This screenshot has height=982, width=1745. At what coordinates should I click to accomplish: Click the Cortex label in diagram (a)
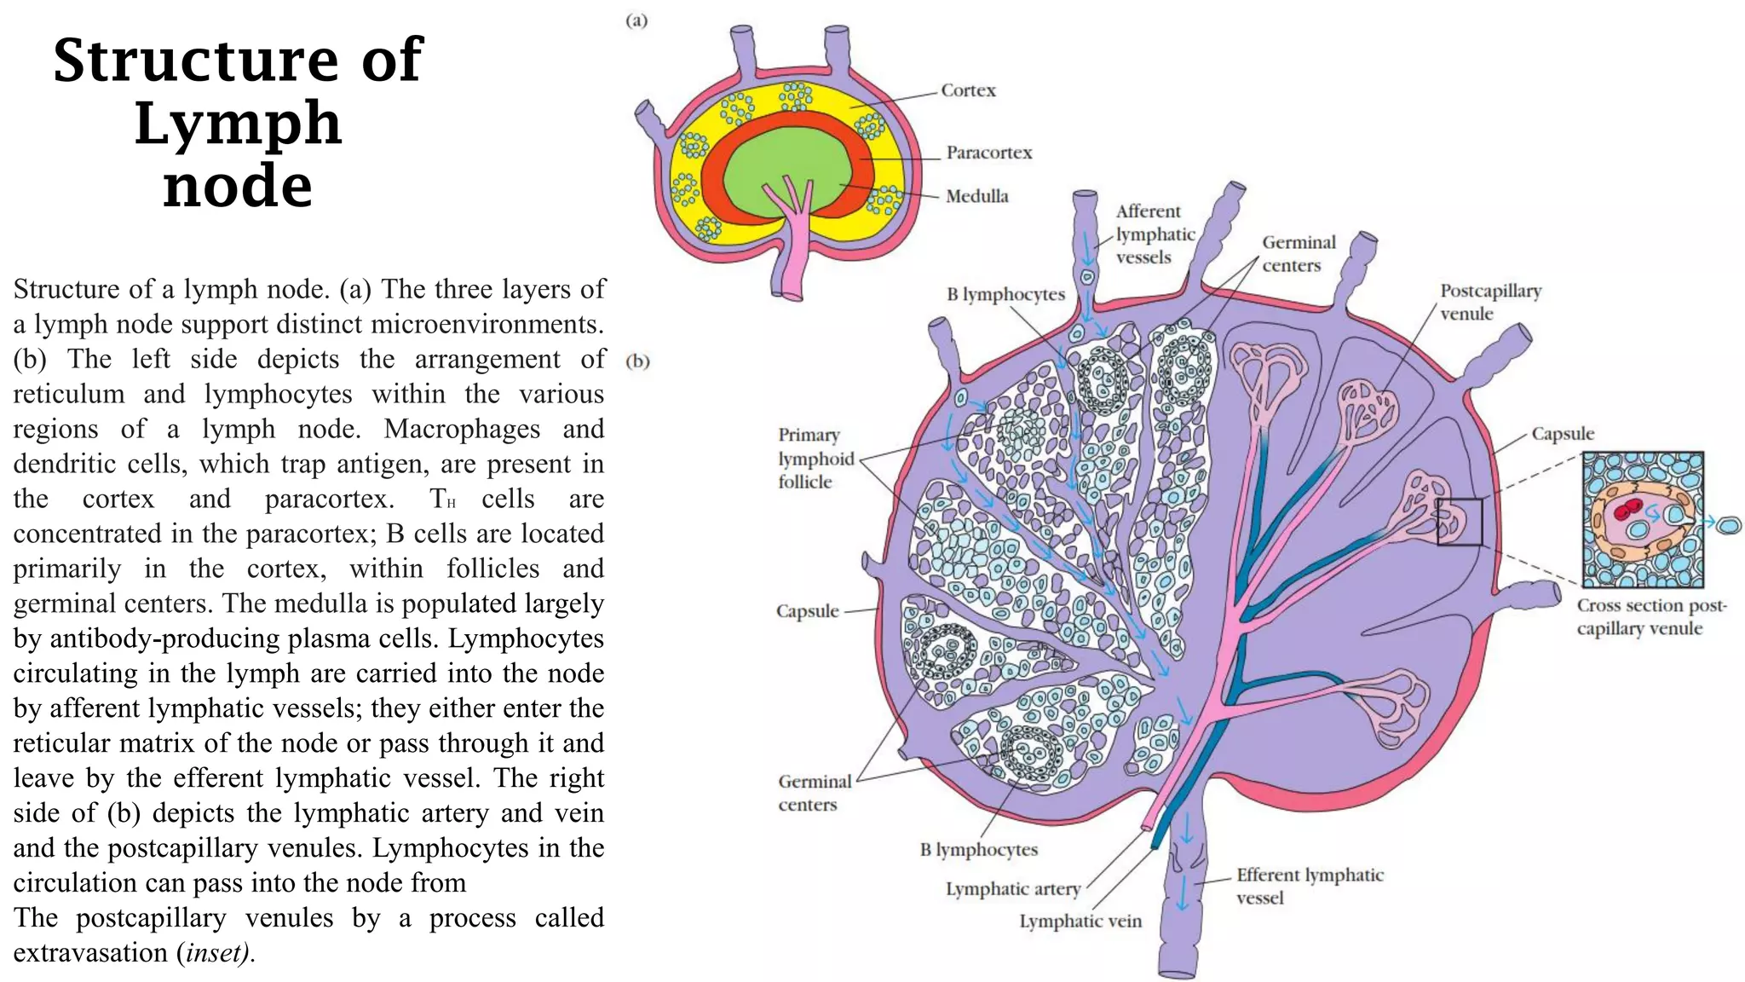pyautogui.click(x=968, y=90)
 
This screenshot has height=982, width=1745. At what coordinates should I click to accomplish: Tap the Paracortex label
pyautogui.click(x=988, y=153)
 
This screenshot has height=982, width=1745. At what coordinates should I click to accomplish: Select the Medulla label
pyautogui.click(x=976, y=196)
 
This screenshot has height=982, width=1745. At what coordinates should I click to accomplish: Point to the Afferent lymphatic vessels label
pyautogui.click(x=1155, y=234)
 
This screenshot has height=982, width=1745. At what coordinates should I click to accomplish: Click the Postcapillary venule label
pyautogui.click(x=1490, y=302)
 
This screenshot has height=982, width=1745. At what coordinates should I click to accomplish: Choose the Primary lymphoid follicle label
pyautogui.click(x=815, y=459)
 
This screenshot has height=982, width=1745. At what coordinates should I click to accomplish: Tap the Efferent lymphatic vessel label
pyautogui.click(x=1310, y=886)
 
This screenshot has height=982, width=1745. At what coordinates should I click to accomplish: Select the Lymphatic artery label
pyautogui.click(x=1012, y=889)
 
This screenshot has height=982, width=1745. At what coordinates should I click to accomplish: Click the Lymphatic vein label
pyautogui.click(x=1080, y=921)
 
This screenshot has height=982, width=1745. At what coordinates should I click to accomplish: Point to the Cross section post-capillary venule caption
pyautogui.click(x=1650, y=617)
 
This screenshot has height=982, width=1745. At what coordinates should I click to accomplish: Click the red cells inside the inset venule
pyautogui.click(x=1627, y=510)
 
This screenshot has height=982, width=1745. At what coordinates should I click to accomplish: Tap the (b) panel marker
pyautogui.click(x=637, y=361)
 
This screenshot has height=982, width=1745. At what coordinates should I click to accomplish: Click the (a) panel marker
pyautogui.click(x=636, y=20)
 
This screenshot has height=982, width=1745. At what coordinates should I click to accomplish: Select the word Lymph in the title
pyautogui.click(x=238, y=123)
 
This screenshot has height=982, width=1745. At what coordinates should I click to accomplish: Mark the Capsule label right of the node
pyautogui.click(x=1563, y=434)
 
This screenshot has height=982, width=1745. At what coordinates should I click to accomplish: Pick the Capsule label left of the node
pyautogui.click(x=807, y=611)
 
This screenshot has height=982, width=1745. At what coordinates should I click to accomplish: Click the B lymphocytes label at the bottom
pyautogui.click(x=979, y=850)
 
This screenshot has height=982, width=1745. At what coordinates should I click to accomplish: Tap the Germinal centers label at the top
pyautogui.click(x=1299, y=254)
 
